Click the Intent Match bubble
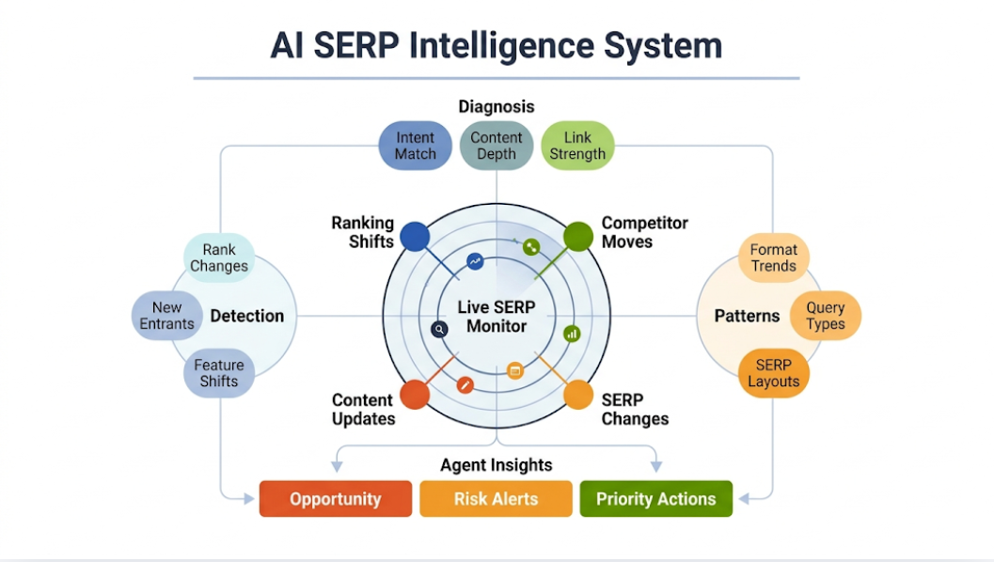click(x=415, y=146)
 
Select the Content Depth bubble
click(x=497, y=146)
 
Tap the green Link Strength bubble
click(x=577, y=146)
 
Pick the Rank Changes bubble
click(x=219, y=258)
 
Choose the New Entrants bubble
click(x=167, y=316)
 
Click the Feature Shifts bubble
click(x=218, y=373)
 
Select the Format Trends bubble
click(x=773, y=258)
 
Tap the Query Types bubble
click(x=826, y=316)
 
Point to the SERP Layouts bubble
click(x=773, y=373)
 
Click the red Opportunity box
click(x=336, y=499)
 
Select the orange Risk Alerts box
click(x=496, y=499)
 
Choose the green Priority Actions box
click(x=655, y=499)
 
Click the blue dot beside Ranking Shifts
click(x=415, y=236)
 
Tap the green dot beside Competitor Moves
click(x=577, y=236)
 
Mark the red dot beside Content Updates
click(x=415, y=394)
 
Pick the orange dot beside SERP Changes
click(x=577, y=394)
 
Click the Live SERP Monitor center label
click(x=497, y=317)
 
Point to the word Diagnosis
click(x=497, y=106)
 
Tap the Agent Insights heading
click(x=497, y=465)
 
